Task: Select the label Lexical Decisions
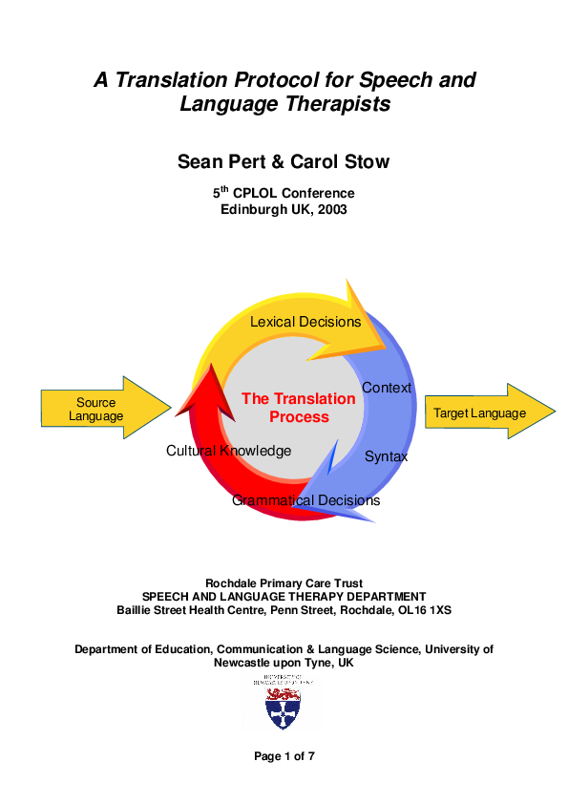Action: click(305, 322)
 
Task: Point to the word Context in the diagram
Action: click(387, 388)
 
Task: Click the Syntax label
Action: click(386, 456)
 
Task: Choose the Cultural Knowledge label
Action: click(228, 451)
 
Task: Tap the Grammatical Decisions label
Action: click(305, 500)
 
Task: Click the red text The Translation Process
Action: click(284, 408)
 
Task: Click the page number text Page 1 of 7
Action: click(284, 756)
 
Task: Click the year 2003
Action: click(330, 210)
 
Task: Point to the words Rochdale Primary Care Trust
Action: click(284, 583)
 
